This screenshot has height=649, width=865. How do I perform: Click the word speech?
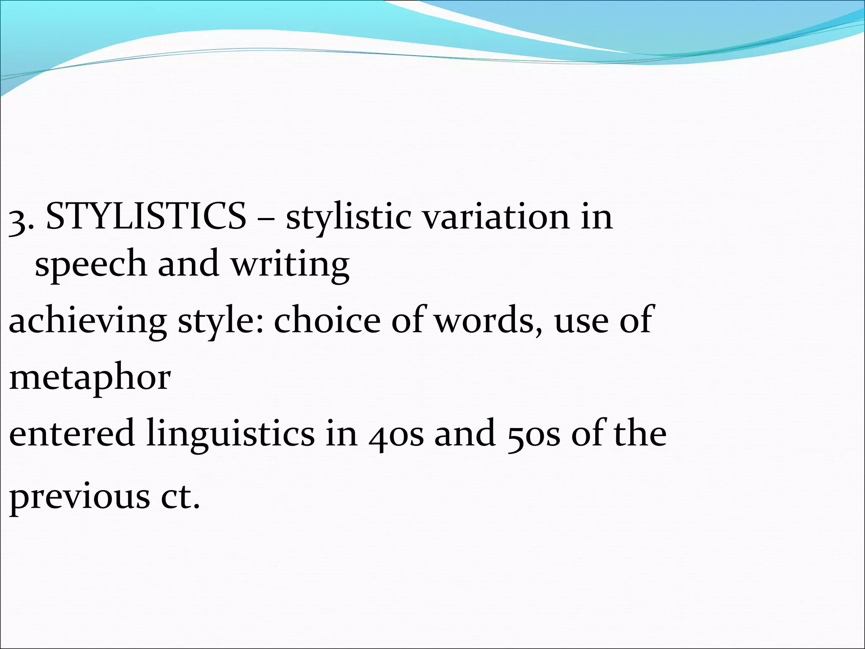click(90, 264)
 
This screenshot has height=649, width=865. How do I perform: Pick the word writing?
click(290, 264)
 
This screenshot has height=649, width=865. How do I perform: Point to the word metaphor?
click(90, 377)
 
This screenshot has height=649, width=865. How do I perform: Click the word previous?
click(79, 496)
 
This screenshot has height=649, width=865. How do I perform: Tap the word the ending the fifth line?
click(640, 433)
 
